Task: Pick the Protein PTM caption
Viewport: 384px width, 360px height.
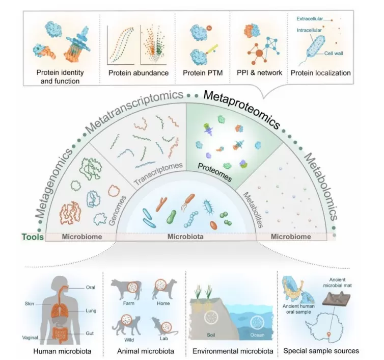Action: (x=201, y=73)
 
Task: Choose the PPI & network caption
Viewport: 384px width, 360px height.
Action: (x=259, y=73)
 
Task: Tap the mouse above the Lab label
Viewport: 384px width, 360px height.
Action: (x=162, y=323)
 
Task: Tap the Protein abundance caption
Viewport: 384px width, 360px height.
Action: (x=138, y=73)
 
